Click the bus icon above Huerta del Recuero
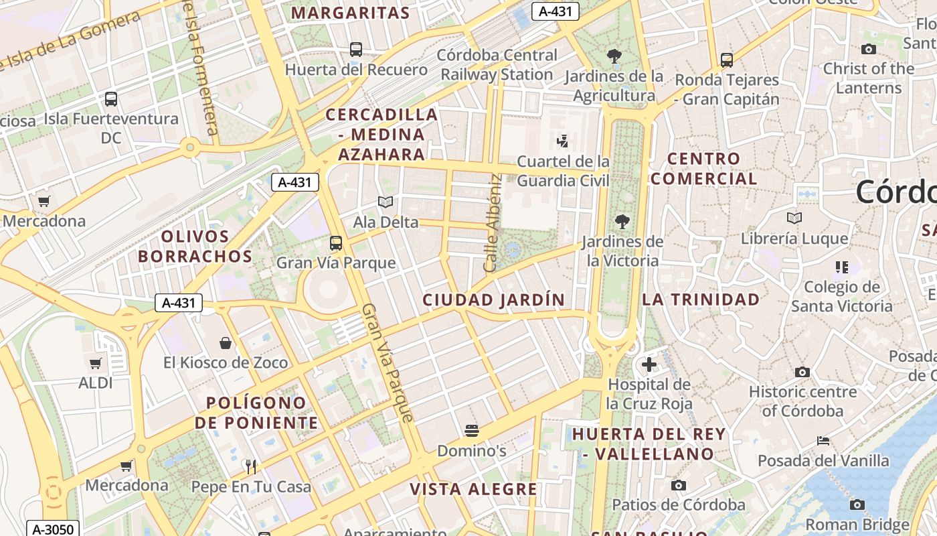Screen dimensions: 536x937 tap(356, 49)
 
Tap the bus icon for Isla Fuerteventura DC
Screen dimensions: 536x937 tap(111, 99)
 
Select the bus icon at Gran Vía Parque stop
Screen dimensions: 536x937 tap(336, 243)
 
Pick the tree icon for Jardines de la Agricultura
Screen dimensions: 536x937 tap(614, 56)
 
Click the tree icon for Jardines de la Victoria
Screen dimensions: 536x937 tap(622, 221)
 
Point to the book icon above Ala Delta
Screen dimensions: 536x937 tap(385, 202)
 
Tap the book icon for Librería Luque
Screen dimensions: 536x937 tap(794, 218)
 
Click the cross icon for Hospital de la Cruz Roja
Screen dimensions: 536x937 tap(649, 364)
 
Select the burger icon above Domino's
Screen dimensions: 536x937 tap(472, 430)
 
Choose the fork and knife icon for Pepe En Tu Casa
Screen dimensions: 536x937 tap(252, 466)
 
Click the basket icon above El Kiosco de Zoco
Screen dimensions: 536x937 tap(226, 343)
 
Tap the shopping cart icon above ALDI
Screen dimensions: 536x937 tap(96, 364)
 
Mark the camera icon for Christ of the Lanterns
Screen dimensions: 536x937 tap(869, 49)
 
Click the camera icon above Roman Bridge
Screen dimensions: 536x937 tap(857, 505)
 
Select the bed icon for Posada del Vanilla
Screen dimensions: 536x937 tap(823, 441)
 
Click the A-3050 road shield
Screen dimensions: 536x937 tap(53, 529)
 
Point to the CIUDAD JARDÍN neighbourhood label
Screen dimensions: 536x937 tap(494, 299)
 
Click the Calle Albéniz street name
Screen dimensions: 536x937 tap(493, 222)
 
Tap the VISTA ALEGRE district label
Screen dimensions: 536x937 tap(473, 489)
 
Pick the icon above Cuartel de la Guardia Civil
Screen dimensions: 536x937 tap(563, 141)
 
